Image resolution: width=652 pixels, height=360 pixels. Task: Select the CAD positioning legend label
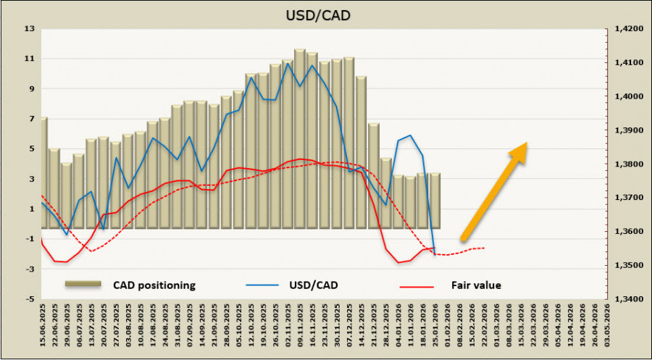click(154, 285)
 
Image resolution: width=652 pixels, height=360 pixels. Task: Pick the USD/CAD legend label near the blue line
click(312, 285)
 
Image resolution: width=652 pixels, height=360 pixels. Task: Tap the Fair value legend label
click(476, 285)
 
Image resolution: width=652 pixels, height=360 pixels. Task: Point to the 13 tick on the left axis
click(30, 29)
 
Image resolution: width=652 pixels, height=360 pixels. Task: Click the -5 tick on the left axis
click(29, 299)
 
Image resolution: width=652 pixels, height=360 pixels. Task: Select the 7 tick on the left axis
click(31, 119)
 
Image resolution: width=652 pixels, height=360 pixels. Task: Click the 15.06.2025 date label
click(44, 327)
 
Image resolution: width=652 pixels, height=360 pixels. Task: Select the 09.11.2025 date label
click(300, 327)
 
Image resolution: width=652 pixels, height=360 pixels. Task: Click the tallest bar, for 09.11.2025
click(300, 138)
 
